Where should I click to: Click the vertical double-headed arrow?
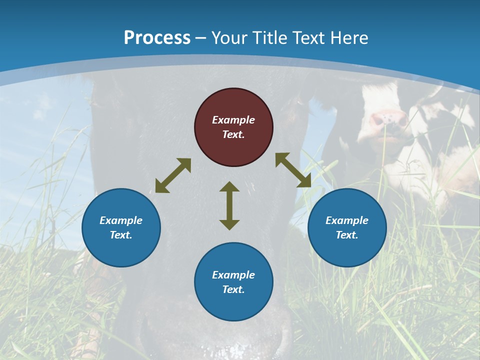[x=229, y=205]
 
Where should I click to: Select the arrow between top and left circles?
[x=173, y=175]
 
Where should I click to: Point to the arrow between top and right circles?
[x=293, y=170]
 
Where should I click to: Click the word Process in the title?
[x=157, y=37]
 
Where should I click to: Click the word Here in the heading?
[x=349, y=38]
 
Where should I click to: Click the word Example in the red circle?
[x=233, y=120]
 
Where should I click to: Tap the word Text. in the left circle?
[x=121, y=235]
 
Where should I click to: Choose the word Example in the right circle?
[x=347, y=220]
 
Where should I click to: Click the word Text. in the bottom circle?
[x=233, y=289]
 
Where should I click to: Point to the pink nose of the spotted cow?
[x=388, y=118]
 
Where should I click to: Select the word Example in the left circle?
[x=121, y=220]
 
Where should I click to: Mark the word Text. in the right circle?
[x=347, y=235]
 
